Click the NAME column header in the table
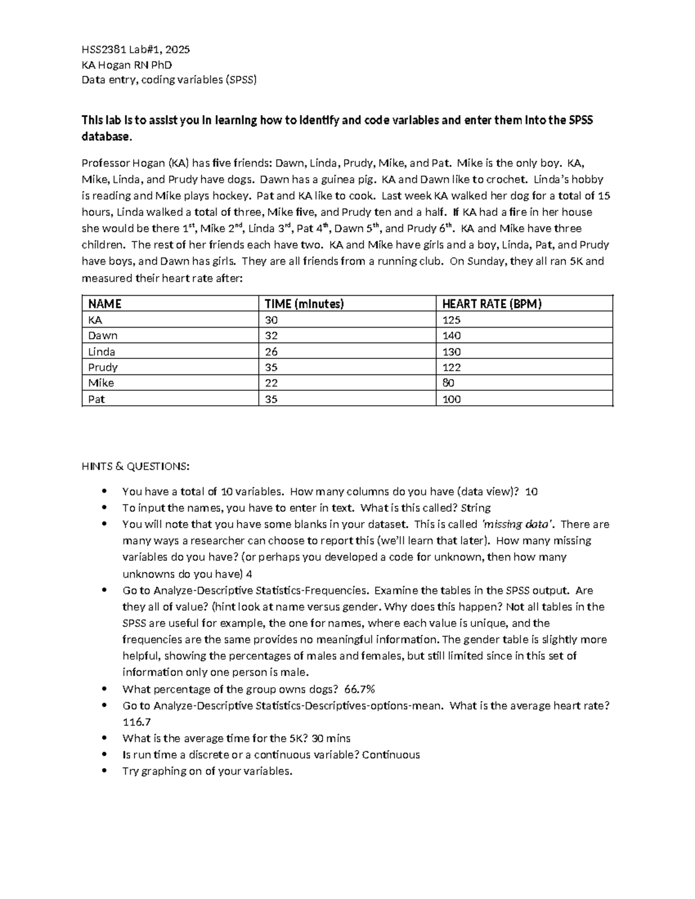tap(105, 304)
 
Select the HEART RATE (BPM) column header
tap(492, 304)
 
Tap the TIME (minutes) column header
tap(304, 304)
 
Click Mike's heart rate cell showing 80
tap(448, 383)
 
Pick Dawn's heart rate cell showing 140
tap(451, 336)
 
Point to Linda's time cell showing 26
tap(271, 351)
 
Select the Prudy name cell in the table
tap(103, 367)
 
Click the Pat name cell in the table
tap(97, 399)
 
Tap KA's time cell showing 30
tap(271, 320)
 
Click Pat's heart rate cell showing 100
tap(451, 399)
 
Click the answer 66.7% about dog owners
tap(360, 689)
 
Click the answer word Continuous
tap(391, 754)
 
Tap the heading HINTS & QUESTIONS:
tap(135, 466)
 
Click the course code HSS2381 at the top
tap(104, 50)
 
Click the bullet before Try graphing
tap(105, 770)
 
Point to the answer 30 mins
tap(331, 738)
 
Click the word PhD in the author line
tap(162, 65)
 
